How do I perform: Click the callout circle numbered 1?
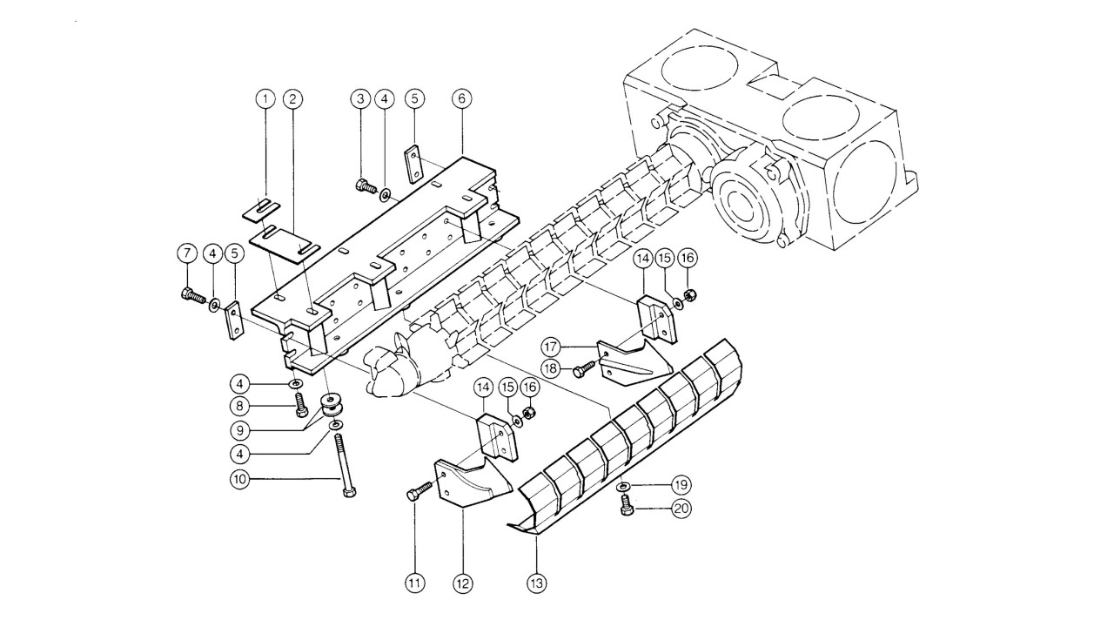(x=265, y=98)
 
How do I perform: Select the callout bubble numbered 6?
(x=462, y=98)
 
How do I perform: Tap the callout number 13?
(x=537, y=583)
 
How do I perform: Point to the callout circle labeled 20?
(x=681, y=508)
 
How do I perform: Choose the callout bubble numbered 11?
(x=415, y=583)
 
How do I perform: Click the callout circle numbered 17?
(x=551, y=347)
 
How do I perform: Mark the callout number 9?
(x=239, y=430)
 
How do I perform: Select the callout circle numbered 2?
(x=293, y=98)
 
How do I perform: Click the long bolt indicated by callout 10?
(x=346, y=465)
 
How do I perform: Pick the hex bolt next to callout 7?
(x=193, y=295)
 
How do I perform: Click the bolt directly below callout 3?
(x=366, y=186)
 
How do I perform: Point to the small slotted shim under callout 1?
(x=261, y=208)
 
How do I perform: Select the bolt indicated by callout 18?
(x=584, y=369)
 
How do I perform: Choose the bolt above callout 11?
(x=419, y=490)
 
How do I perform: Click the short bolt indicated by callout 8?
(x=299, y=405)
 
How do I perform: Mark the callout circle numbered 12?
(x=462, y=583)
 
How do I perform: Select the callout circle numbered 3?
(x=360, y=98)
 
